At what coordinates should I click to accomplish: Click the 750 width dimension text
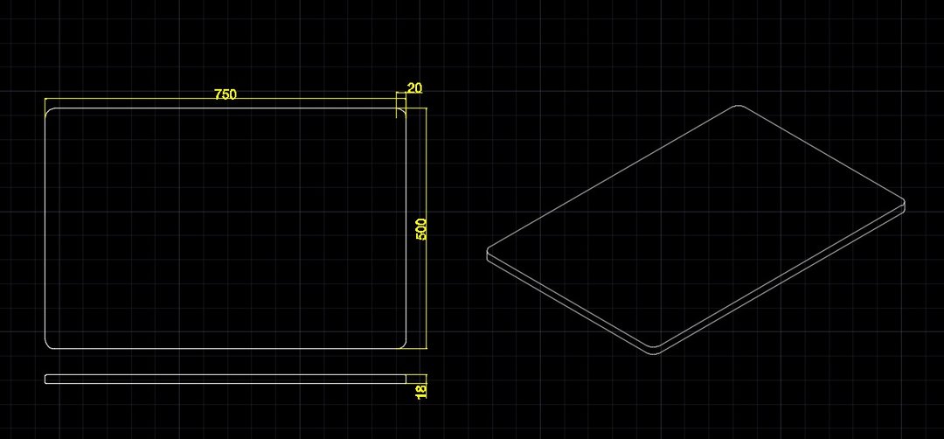click(x=226, y=94)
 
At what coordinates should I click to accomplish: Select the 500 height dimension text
click(x=420, y=229)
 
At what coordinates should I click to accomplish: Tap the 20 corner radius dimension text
click(x=415, y=88)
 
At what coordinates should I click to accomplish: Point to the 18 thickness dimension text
click(x=420, y=391)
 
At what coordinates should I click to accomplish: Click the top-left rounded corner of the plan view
click(x=48, y=111)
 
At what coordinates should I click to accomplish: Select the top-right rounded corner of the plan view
click(x=403, y=111)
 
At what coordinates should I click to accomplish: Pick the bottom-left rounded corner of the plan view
click(x=48, y=345)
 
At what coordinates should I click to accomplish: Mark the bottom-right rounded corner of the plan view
click(x=403, y=345)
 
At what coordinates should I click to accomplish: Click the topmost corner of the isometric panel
click(x=738, y=106)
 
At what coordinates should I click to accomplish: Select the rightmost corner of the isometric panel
click(x=905, y=202)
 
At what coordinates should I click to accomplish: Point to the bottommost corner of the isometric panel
click(x=654, y=353)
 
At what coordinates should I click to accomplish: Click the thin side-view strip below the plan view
click(x=226, y=379)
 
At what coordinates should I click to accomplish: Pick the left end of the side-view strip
click(x=45, y=379)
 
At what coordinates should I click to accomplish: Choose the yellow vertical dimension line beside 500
click(x=427, y=228)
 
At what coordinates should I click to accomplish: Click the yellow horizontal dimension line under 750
click(x=226, y=98)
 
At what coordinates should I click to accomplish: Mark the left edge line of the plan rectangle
click(x=45, y=228)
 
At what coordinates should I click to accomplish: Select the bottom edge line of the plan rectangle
click(x=226, y=348)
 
